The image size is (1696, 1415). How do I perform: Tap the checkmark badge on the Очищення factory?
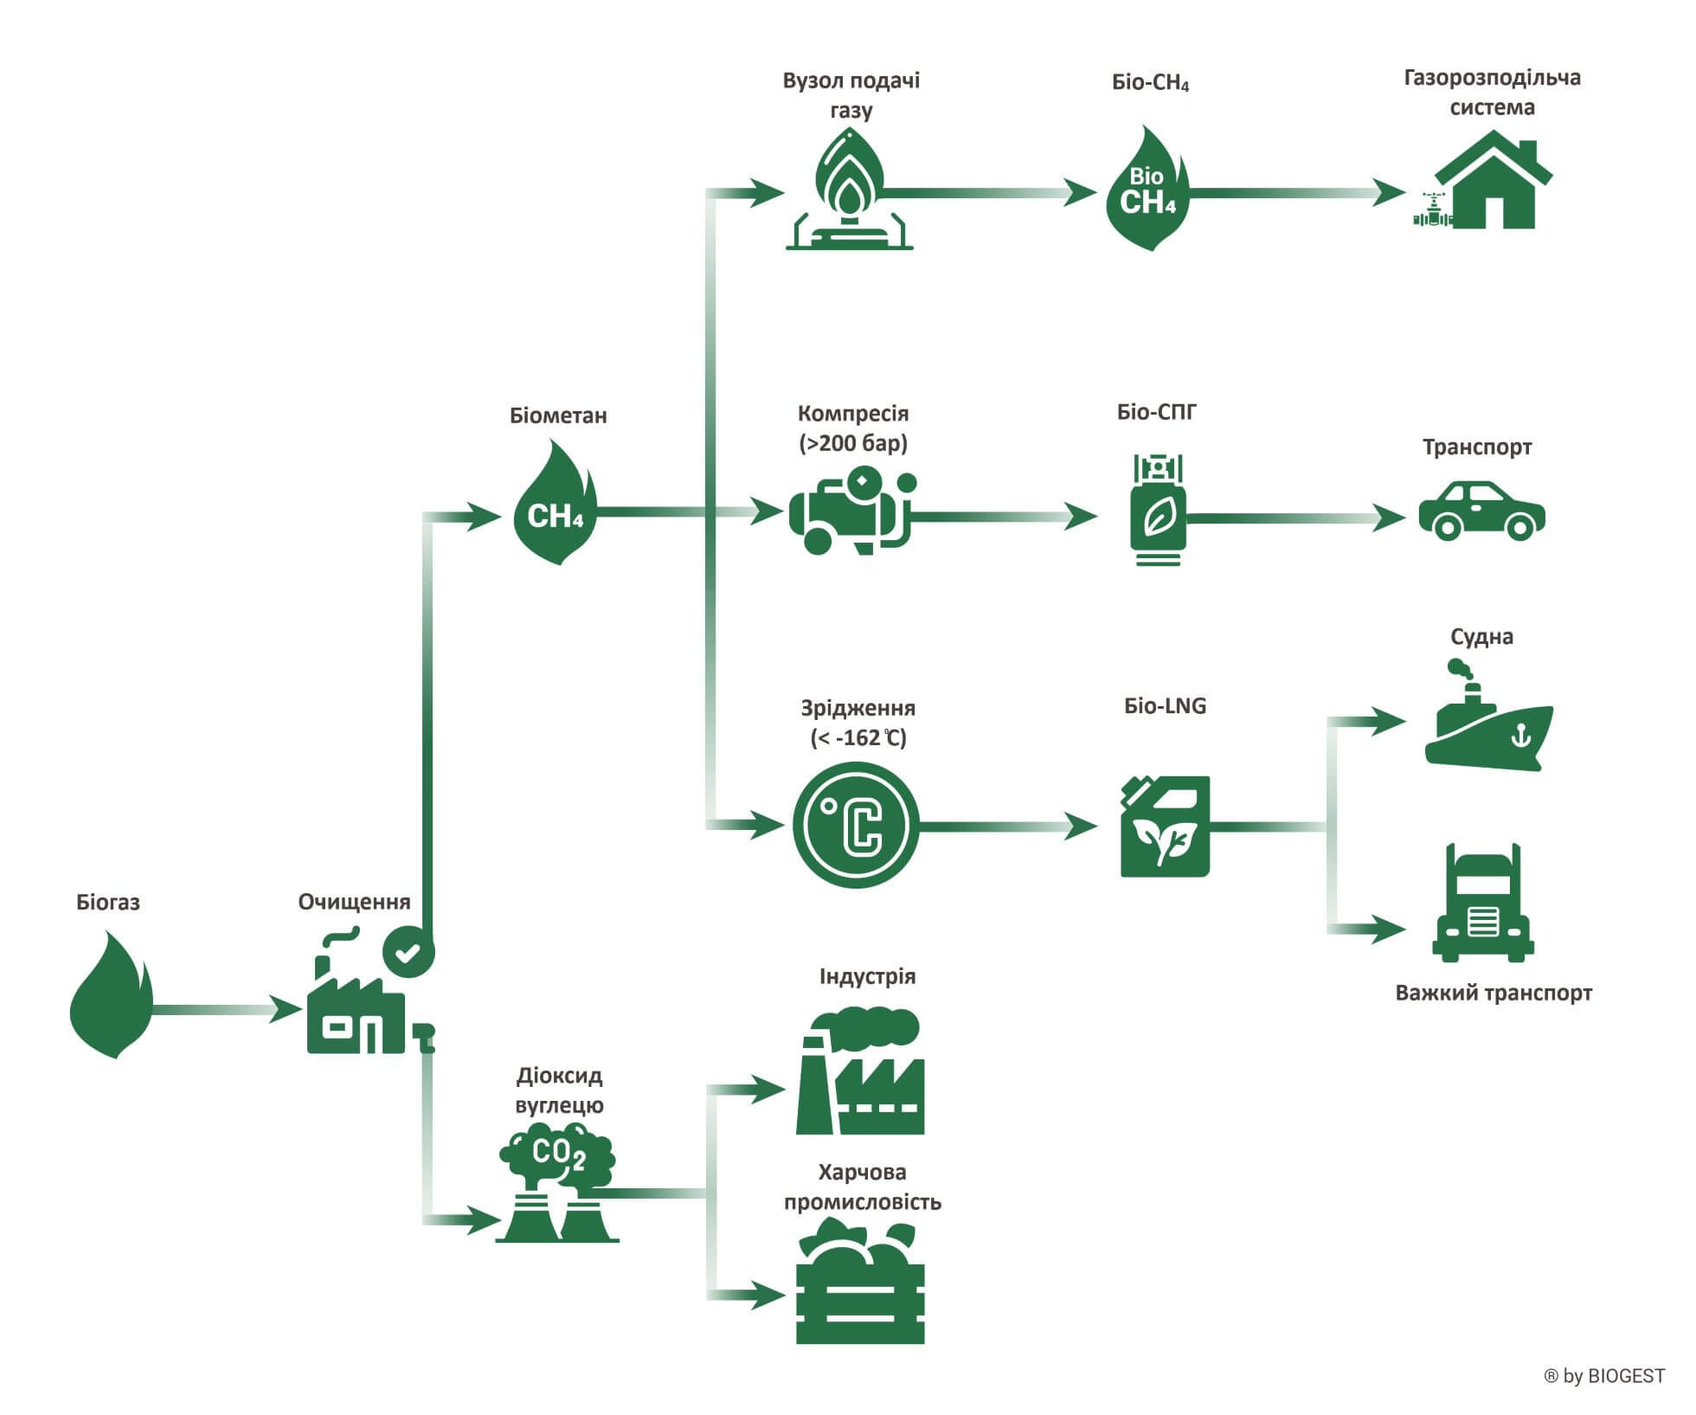point(408,952)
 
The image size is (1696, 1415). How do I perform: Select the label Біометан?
point(558,416)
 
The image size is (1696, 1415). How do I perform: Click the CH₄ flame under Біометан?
point(555,505)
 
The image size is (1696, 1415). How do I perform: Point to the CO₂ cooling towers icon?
point(557,1183)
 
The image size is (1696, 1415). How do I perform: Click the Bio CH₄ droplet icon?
point(1148,190)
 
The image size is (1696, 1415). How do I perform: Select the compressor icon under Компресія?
point(851,511)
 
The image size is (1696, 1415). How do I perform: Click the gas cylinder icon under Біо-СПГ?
point(1158,511)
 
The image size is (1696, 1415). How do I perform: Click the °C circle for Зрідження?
point(856,825)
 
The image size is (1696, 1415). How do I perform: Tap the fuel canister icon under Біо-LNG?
point(1164,826)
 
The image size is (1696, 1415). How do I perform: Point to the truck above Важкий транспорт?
point(1483,905)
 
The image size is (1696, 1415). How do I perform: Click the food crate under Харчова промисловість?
point(860,1283)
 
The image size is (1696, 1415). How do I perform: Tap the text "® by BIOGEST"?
point(1603,1376)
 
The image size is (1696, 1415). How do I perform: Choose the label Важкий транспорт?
point(1494,993)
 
